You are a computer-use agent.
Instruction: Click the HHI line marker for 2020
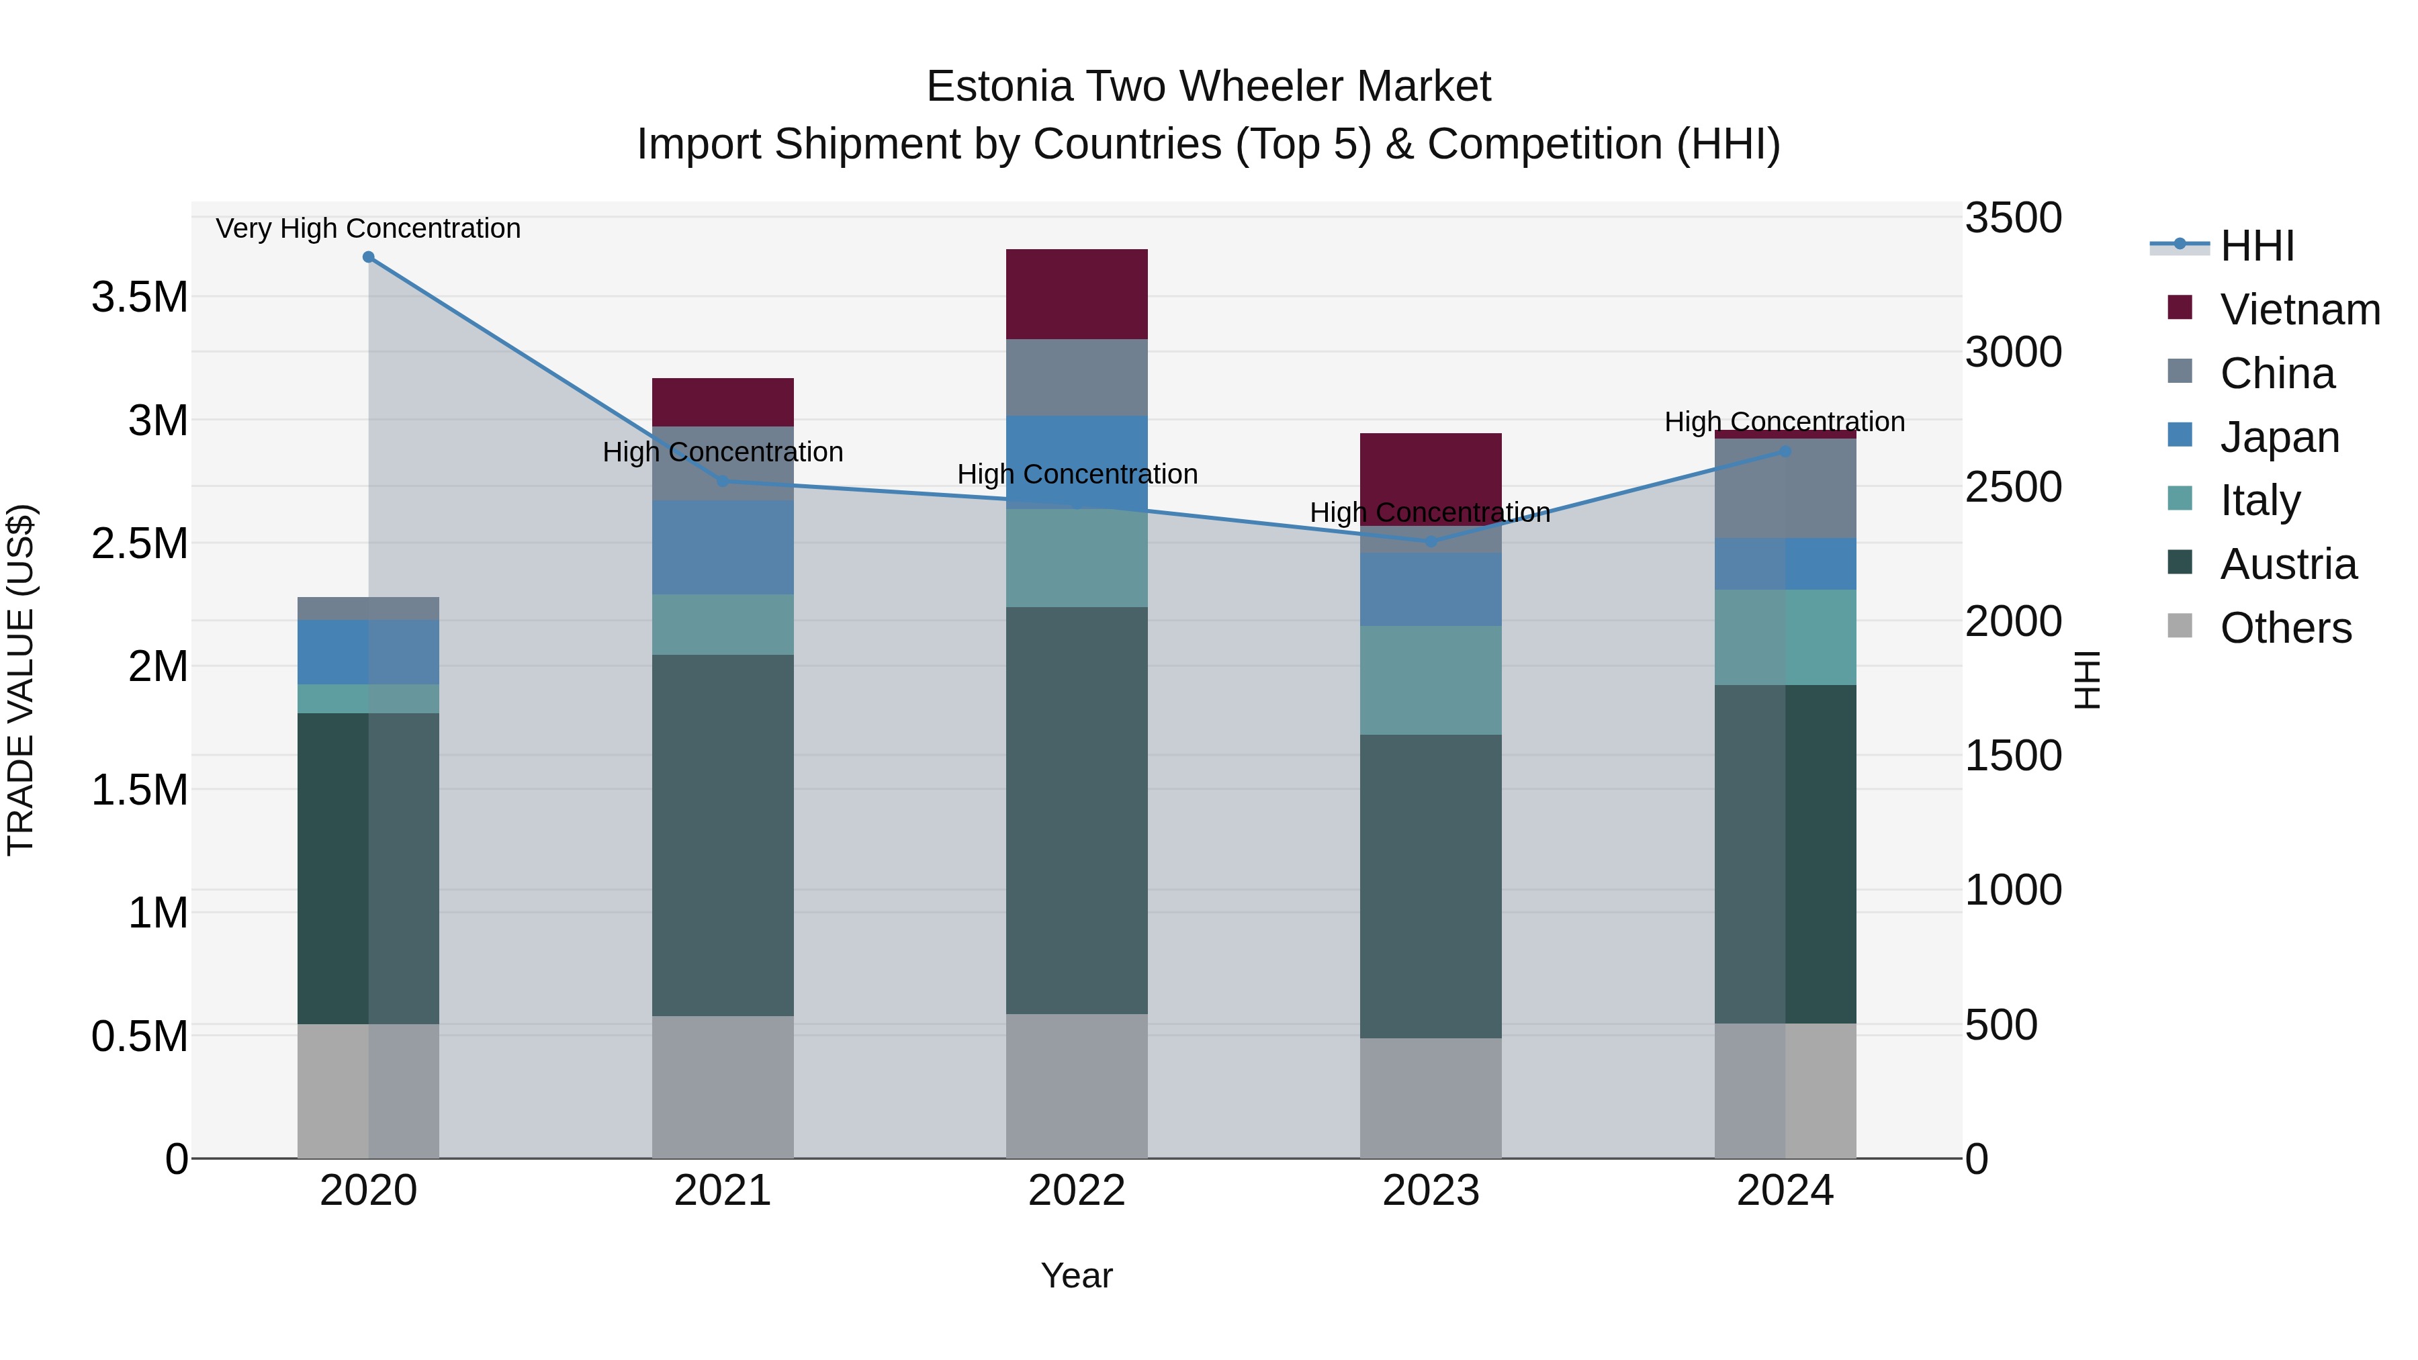tap(368, 257)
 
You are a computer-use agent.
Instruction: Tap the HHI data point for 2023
tap(1431, 541)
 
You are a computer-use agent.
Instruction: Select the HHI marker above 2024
tap(1785, 451)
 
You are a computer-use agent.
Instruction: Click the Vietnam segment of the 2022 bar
tap(1077, 293)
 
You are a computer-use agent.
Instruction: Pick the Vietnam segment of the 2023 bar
tap(1431, 474)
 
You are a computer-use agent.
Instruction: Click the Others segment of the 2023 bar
tap(1431, 1097)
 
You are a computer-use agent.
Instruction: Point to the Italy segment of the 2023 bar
tap(1431, 680)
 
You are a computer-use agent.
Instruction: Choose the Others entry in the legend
tap(2285, 628)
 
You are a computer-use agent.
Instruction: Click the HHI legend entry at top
tap(2257, 246)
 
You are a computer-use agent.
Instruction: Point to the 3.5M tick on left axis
tap(140, 298)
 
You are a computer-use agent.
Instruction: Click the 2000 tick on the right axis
tap(2014, 621)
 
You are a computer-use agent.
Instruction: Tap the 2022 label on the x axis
tap(1077, 1191)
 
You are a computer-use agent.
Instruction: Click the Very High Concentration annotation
tap(368, 228)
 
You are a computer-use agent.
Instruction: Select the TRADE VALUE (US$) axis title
tap(21, 680)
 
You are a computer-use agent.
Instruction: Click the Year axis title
tap(1077, 1275)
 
